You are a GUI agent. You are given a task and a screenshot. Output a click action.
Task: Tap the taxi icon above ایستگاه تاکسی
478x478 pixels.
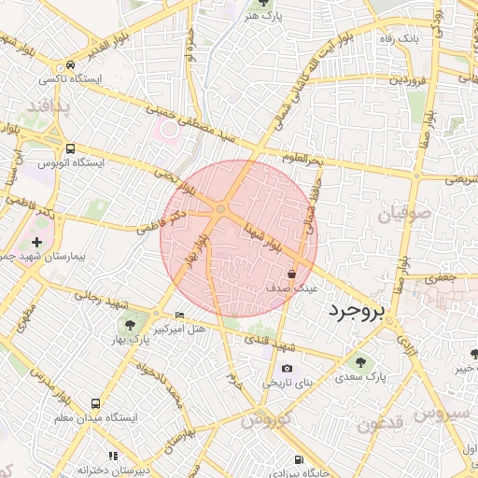72,65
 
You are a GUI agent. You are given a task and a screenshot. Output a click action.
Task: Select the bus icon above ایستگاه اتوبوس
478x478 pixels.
72,148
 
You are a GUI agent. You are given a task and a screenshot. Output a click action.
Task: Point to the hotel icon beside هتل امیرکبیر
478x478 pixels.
180,316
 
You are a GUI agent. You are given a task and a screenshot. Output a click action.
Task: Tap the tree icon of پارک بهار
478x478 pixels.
130,325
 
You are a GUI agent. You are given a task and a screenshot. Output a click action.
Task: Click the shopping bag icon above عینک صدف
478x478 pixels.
293,274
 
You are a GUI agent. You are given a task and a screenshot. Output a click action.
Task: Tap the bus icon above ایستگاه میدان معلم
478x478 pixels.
96,403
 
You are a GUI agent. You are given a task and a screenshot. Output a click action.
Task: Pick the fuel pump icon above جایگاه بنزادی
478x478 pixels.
298,459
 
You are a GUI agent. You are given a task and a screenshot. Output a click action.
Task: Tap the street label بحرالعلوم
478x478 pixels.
302,162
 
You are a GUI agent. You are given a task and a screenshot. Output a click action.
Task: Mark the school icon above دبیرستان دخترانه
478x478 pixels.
113,456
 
